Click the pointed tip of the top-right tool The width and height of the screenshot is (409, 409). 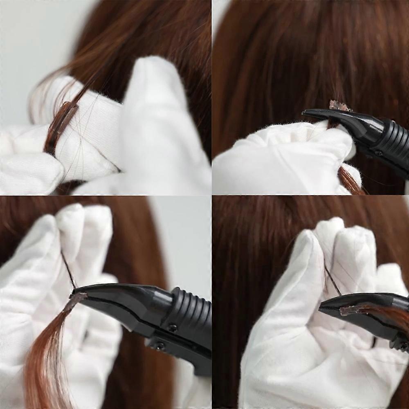click(305, 113)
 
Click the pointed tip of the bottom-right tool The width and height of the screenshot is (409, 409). click(321, 305)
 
